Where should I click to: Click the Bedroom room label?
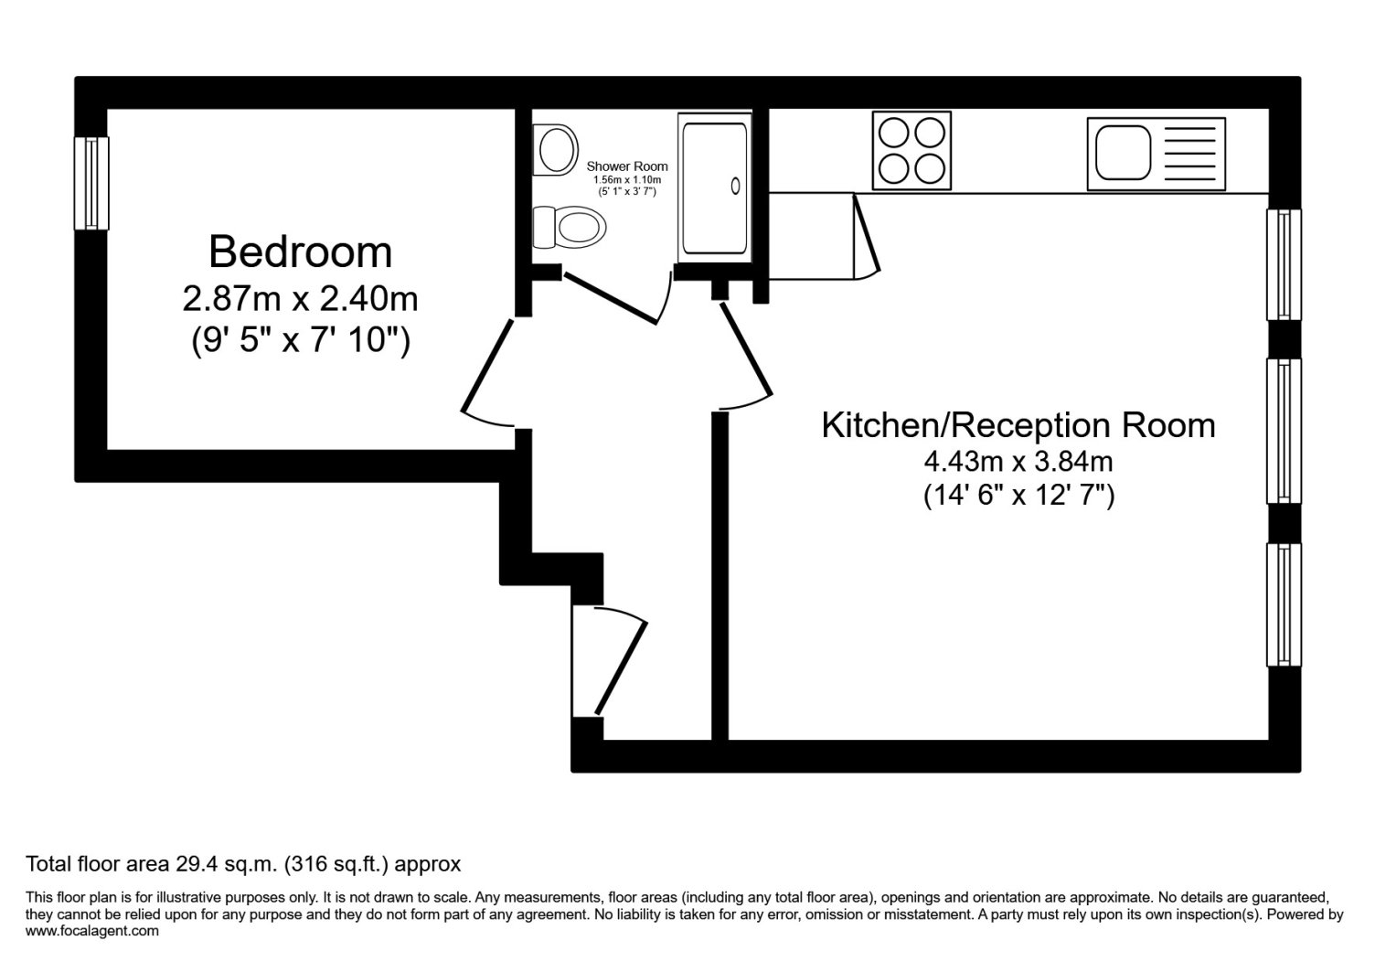(x=300, y=251)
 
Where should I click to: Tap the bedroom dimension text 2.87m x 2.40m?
(x=300, y=299)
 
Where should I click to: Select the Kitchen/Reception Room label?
(x=1018, y=425)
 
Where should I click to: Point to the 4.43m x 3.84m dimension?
(x=1018, y=462)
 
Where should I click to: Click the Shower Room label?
(x=627, y=166)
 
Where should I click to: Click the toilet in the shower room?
(x=569, y=227)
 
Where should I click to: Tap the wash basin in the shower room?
(x=556, y=150)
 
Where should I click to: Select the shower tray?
(x=715, y=187)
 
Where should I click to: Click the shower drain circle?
(x=735, y=186)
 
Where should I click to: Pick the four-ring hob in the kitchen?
(x=911, y=150)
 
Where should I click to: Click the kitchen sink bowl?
(x=1124, y=153)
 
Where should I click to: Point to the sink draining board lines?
(x=1189, y=154)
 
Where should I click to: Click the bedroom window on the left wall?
(x=91, y=183)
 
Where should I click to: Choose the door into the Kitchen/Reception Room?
(x=746, y=358)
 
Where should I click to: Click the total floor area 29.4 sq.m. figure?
(x=227, y=864)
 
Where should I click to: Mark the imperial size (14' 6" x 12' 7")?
(x=1019, y=495)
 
